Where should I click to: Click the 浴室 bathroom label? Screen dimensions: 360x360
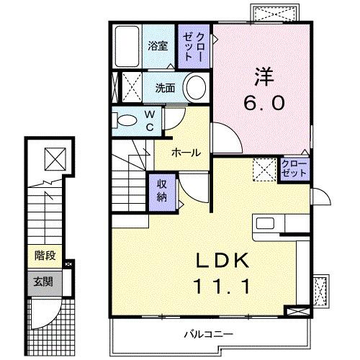(x=158, y=45)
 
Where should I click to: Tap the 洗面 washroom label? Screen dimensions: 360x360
(x=166, y=88)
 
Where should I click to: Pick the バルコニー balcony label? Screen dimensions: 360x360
(x=207, y=334)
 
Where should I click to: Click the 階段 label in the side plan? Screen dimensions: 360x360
(x=45, y=255)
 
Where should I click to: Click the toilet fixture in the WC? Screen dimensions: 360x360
(x=127, y=120)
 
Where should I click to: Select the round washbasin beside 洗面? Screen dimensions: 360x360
(x=194, y=88)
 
